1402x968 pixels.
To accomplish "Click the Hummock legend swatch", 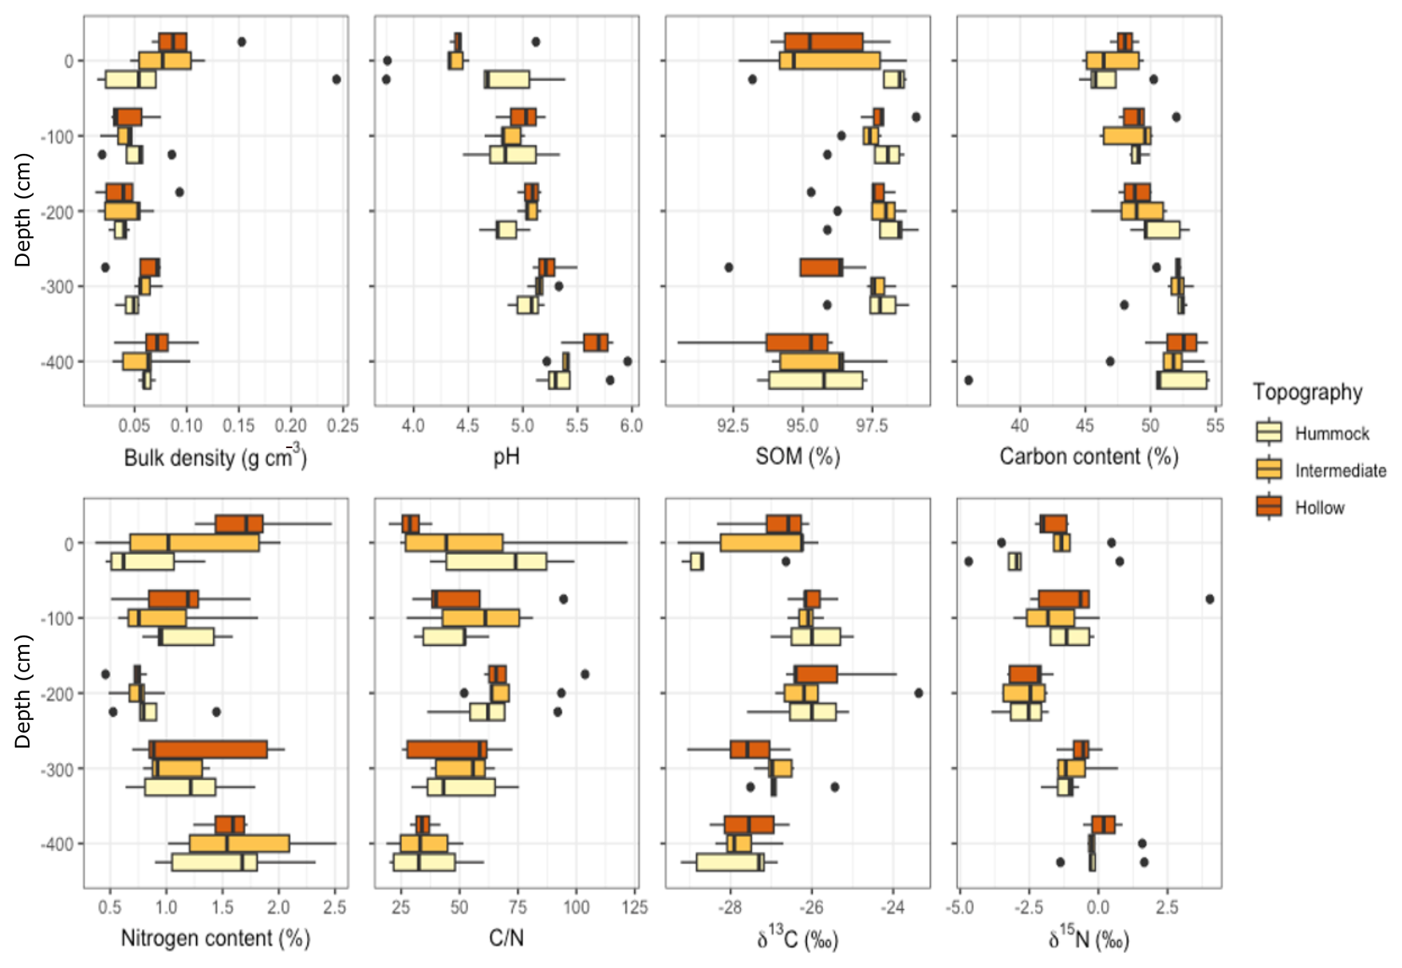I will (1269, 433).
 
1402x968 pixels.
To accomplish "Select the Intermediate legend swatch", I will (1269, 470).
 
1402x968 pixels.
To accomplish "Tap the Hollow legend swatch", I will (1269, 507).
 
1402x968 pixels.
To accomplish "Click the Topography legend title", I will (1307, 392).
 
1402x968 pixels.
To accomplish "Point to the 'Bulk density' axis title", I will (215, 457).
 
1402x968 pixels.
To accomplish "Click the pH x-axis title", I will (506, 457).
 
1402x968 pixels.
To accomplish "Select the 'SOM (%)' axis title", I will (797, 457).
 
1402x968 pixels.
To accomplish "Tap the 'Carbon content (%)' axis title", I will (1089, 457).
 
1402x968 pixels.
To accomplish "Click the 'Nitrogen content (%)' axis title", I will (215, 938).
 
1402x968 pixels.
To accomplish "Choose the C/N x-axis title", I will (506, 938).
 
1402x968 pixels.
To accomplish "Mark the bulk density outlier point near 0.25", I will (337, 79).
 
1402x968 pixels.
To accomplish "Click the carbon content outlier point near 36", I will (968, 380).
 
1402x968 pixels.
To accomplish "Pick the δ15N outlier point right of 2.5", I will (1210, 599).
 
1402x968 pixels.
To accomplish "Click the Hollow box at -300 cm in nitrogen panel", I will (209, 750).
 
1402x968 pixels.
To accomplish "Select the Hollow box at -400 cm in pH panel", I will (596, 343).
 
